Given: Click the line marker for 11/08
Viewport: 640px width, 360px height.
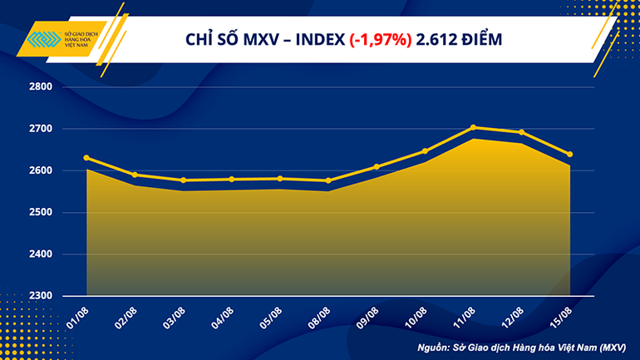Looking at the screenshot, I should pos(473,127).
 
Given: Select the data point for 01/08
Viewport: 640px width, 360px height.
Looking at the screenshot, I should pos(87,158).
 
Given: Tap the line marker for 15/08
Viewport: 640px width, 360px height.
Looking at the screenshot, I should pos(569,154).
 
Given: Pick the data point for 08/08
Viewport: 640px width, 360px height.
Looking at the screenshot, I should pos(328,180).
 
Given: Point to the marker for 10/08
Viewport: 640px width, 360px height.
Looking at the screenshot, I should pos(425,151).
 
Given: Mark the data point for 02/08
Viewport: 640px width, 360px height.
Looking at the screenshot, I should pos(135,175).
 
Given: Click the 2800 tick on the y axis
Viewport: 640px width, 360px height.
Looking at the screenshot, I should pos(41,86).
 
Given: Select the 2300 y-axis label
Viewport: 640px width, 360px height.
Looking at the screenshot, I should pos(41,296).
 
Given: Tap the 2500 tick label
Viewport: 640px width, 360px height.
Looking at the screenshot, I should pos(41,212).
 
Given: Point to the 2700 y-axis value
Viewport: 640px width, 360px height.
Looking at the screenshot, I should pos(41,129).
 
